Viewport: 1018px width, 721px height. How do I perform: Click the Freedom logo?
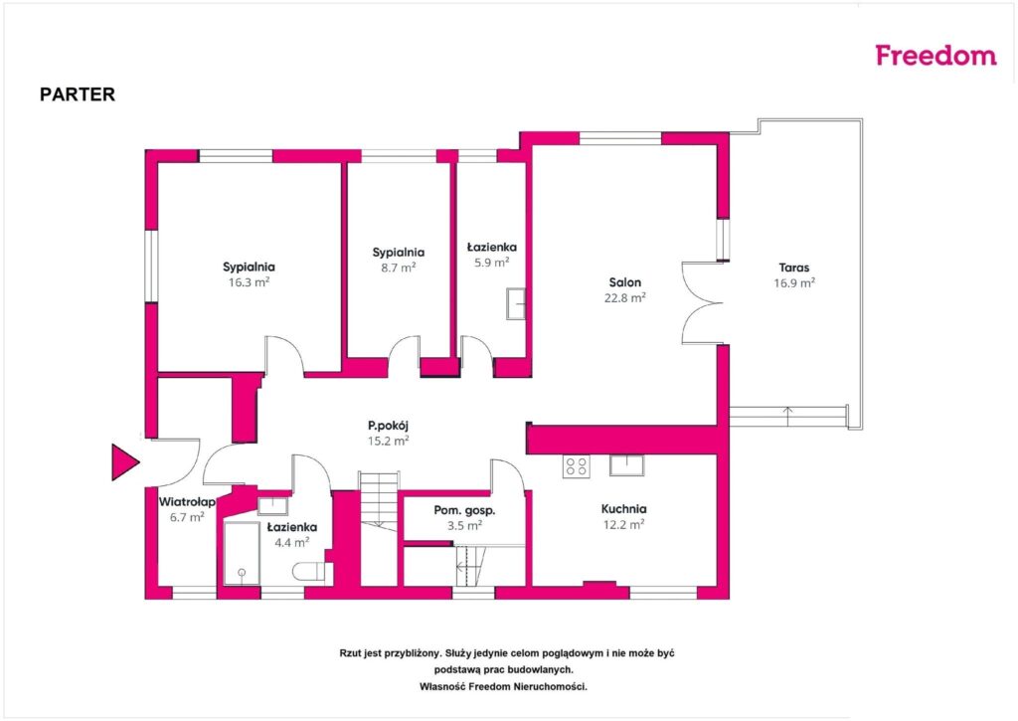935,56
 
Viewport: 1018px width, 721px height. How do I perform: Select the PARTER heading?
78,94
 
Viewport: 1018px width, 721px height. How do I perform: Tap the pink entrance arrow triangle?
124,461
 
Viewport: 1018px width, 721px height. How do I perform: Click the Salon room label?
624,282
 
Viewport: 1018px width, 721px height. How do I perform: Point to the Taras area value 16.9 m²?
794,283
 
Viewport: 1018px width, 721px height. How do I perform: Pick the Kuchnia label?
623,509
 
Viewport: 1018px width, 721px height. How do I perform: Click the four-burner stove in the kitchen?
577,465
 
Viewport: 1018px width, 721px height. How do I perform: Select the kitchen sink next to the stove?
626,465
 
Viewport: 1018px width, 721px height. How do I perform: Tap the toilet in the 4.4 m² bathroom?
312,572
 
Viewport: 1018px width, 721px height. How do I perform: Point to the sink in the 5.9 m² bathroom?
516,303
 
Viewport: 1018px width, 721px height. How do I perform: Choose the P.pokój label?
389,426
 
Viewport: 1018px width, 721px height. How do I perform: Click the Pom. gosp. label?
464,510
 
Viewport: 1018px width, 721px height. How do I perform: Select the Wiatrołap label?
187,502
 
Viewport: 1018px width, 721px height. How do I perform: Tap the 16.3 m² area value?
249,282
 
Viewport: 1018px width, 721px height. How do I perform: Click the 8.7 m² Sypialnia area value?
398,268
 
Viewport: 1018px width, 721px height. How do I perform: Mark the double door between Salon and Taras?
703,303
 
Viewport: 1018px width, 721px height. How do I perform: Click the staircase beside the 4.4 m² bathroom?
379,501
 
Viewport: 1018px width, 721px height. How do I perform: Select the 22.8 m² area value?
624,298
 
